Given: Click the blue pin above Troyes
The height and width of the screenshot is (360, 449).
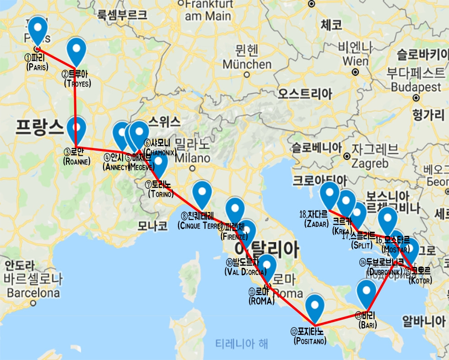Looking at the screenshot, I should pos(76,51).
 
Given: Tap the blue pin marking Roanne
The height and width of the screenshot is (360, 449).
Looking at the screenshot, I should pos(76,129).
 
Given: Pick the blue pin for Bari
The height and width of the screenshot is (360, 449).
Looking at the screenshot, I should pos(366,293).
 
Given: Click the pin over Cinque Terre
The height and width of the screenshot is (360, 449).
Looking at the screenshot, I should pos(202,193).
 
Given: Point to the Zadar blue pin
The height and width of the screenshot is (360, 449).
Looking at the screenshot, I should pos(329,194).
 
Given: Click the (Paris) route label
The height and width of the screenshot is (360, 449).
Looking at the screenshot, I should pos(38,67).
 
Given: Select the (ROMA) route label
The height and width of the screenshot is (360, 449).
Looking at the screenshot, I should pos(261,301).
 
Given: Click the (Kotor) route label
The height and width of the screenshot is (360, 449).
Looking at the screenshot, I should pos(418,280).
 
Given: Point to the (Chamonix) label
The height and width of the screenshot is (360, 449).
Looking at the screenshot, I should pos(159,152).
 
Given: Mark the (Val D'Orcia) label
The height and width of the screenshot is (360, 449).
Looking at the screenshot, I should pos(245,272).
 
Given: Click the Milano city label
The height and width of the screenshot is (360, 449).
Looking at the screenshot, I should pos(192,157).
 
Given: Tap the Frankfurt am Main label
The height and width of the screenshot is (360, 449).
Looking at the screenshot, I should pos(209,10).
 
